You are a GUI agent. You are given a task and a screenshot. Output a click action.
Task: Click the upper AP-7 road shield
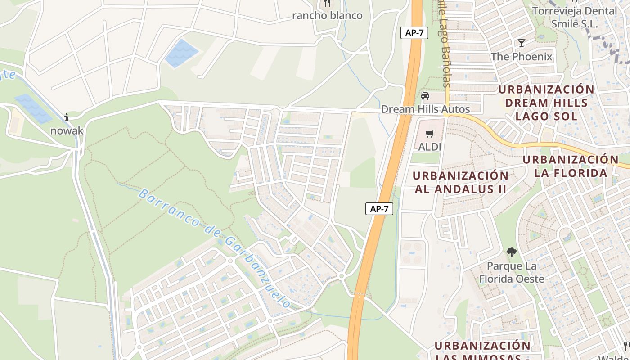click(414, 33)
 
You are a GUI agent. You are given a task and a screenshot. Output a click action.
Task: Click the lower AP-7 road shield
click(379, 209)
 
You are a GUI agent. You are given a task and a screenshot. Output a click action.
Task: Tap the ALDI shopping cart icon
click(430, 134)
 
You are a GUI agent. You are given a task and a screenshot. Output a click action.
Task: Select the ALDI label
click(430, 147)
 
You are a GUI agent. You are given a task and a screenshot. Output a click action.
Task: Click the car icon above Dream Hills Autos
click(425, 96)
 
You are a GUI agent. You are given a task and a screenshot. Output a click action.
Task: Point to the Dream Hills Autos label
click(425, 109)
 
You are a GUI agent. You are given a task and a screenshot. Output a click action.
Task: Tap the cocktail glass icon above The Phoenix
click(522, 43)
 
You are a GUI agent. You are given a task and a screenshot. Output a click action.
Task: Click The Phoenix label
click(522, 56)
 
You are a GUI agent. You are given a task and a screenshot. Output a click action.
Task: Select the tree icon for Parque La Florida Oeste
click(511, 252)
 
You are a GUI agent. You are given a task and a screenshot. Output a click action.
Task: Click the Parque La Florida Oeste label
click(512, 272)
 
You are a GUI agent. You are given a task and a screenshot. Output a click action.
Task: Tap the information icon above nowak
click(67, 117)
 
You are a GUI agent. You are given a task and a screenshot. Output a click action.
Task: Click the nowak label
click(67, 130)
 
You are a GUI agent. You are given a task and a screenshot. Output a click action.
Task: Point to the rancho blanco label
click(327, 15)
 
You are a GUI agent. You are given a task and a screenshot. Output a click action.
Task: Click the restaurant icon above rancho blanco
click(327, 4)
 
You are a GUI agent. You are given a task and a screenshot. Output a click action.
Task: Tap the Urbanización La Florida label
click(571, 166)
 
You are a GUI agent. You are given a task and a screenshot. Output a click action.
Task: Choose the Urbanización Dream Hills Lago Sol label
click(546, 103)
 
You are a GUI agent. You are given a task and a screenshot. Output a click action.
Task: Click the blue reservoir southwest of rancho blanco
click(181, 53)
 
